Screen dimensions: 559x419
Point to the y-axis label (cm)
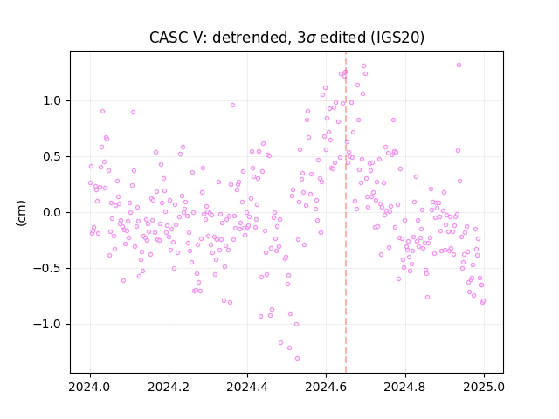[21, 213]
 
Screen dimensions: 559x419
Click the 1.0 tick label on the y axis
[52, 101]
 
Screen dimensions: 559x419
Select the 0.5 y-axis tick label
[52, 157]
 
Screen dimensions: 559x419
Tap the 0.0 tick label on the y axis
[52, 213]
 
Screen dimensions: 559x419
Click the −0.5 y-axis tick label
[47, 268]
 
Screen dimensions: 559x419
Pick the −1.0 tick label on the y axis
[47, 324]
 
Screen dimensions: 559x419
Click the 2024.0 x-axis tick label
[90, 387]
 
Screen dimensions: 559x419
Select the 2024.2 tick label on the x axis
[169, 387]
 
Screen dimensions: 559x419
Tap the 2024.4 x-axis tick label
[247, 387]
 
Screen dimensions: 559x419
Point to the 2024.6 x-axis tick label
[326, 387]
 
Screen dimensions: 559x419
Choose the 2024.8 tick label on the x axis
[404, 387]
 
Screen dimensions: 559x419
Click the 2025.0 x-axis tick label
[484, 387]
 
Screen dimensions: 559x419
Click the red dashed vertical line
[346, 212]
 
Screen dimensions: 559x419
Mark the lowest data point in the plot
[297, 358]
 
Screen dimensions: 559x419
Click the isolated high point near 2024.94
[459, 65]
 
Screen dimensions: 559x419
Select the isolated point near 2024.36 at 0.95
[232, 105]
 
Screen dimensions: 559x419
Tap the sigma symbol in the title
[311, 38]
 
